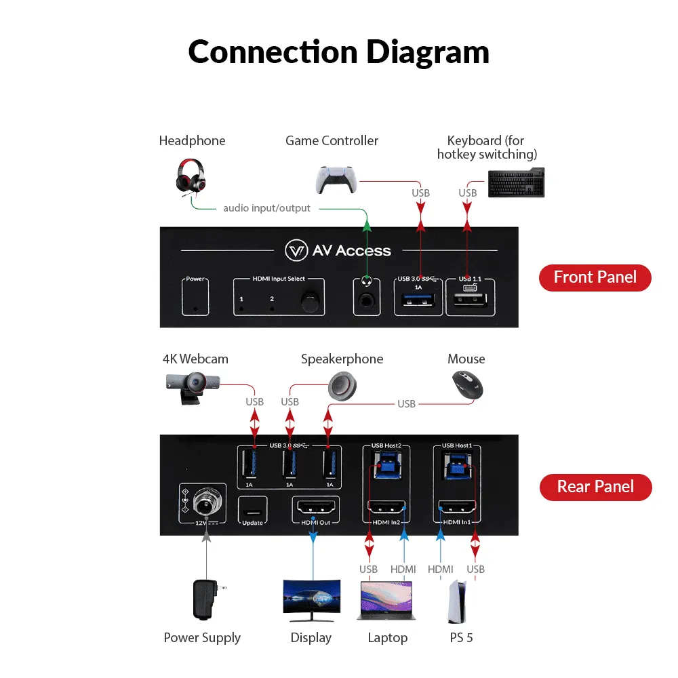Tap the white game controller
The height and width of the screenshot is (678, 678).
pyautogui.click(x=335, y=180)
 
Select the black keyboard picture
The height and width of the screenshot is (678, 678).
pyautogui.click(x=516, y=182)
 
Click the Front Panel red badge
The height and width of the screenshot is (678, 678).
pyautogui.click(x=595, y=277)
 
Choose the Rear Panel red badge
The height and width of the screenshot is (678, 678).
pyautogui.click(x=595, y=487)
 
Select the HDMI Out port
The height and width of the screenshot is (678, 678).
pyautogui.click(x=314, y=506)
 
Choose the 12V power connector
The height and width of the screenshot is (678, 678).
pyautogui.click(x=203, y=502)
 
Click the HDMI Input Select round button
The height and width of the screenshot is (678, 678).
pyautogui.click(x=311, y=300)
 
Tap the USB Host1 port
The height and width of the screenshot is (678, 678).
pyautogui.click(x=456, y=467)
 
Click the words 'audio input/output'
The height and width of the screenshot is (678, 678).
pyautogui.click(x=266, y=208)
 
